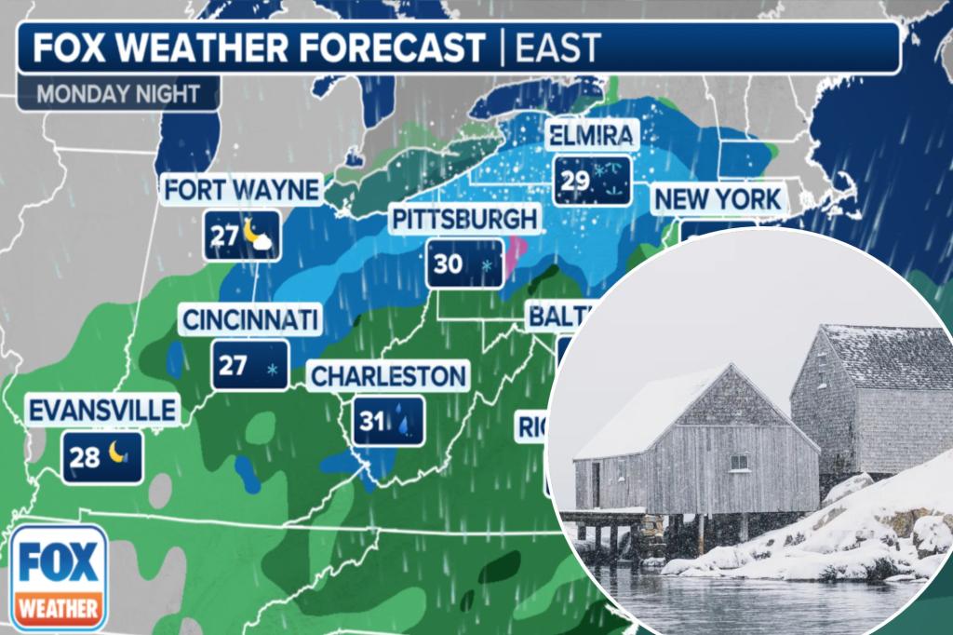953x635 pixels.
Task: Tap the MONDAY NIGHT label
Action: click(119, 94)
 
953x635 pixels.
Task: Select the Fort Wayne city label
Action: click(242, 190)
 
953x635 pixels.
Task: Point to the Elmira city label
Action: click(592, 137)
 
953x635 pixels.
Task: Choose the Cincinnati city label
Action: click(250, 320)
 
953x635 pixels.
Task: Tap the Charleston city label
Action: click(387, 376)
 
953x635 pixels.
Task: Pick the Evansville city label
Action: click(102, 411)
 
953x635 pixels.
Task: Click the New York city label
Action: click(718, 199)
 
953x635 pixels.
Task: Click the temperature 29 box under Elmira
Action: click(593, 180)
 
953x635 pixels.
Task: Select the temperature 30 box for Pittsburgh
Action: click(465, 263)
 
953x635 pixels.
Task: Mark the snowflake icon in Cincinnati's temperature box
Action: click(273, 370)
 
